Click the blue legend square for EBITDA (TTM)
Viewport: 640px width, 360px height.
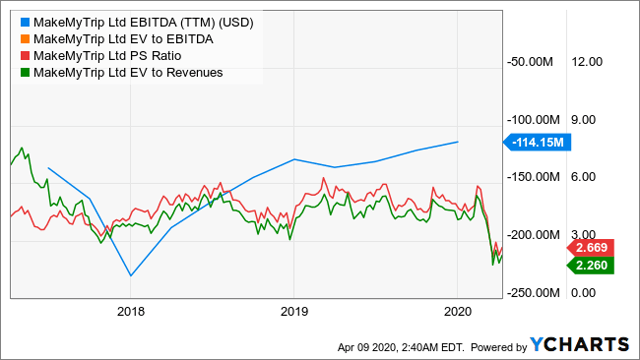(x=21, y=19)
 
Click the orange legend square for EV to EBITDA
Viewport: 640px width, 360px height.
(x=21, y=37)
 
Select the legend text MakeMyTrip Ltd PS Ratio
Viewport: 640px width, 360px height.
(x=105, y=55)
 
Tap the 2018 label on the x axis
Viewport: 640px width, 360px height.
(x=130, y=310)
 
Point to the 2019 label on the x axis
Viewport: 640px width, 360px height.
(x=293, y=310)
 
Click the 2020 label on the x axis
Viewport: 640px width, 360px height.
(x=457, y=310)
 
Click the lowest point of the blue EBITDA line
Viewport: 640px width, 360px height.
(x=130, y=276)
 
